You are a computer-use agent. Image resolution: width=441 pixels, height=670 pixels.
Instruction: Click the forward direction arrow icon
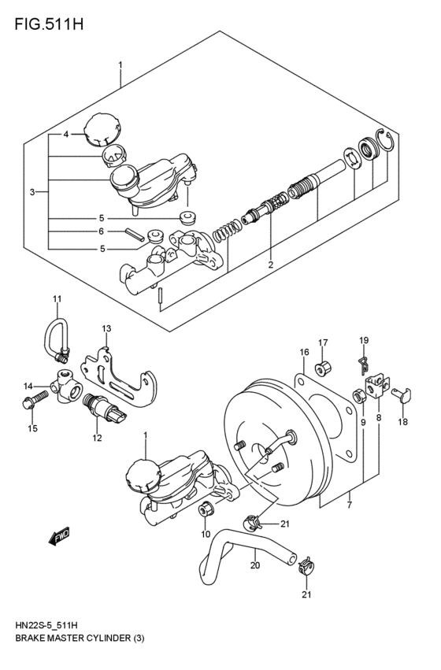(x=59, y=538)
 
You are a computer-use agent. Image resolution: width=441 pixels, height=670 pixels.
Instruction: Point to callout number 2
(x=270, y=265)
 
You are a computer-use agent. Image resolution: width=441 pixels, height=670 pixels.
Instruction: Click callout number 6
(x=102, y=231)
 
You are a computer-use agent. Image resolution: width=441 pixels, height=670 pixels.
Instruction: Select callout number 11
(x=57, y=298)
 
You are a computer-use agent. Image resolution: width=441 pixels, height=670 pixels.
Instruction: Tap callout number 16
(x=303, y=352)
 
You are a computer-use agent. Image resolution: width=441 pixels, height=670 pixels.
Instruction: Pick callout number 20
(x=254, y=564)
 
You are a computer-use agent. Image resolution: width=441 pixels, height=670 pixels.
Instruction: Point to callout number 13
(x=106, y=328)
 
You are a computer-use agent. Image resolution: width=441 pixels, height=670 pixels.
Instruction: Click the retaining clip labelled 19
(x=363, y=363)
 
